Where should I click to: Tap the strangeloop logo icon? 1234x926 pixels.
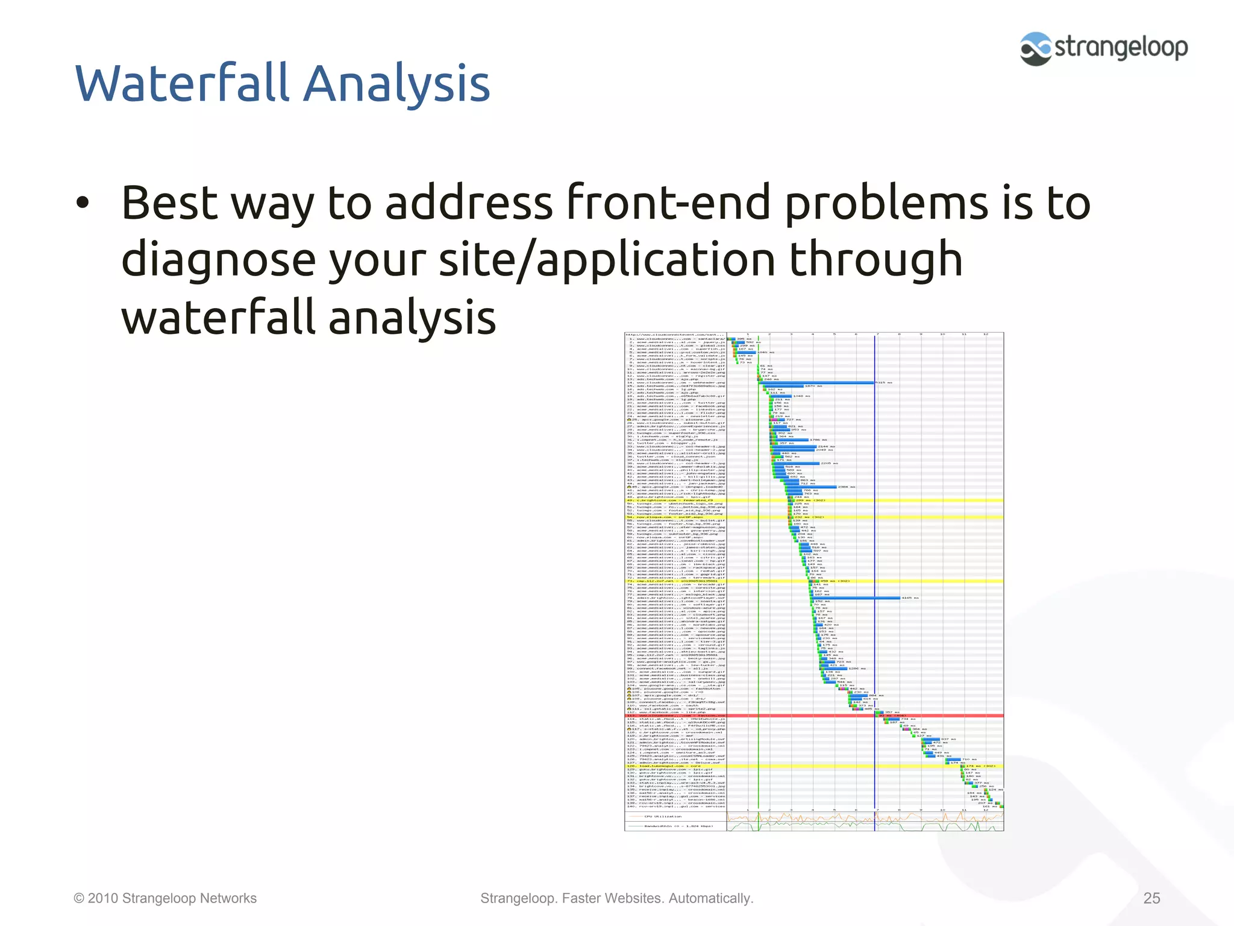(1035, 48)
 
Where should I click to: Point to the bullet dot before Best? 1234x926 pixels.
(83, 204)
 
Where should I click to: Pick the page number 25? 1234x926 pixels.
(1151, 898)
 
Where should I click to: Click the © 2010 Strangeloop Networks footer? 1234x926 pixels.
(165, 898)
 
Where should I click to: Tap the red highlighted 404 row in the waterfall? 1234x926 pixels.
(813, 716)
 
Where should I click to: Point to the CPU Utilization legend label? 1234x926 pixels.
(663, 816)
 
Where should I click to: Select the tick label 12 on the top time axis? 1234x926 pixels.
(986, 334)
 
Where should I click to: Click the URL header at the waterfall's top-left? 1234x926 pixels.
(674, 335)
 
